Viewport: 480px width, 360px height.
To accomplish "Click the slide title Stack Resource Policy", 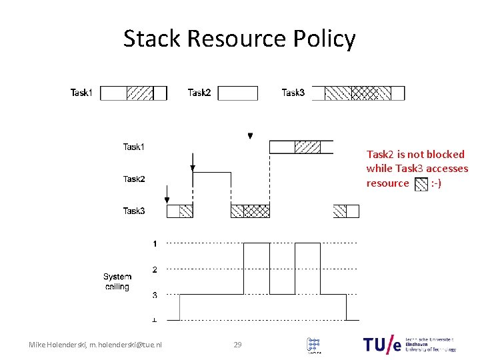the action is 239,39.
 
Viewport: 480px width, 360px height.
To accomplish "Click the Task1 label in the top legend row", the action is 82,93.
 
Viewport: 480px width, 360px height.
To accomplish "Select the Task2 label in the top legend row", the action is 199,93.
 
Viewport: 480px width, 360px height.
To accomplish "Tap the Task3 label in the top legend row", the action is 293,93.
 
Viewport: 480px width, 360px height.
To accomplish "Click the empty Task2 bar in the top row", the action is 237,93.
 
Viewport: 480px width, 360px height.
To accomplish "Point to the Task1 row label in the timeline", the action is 134,147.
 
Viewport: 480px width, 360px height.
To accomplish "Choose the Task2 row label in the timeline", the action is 134,179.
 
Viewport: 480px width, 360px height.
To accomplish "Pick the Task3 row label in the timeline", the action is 134,211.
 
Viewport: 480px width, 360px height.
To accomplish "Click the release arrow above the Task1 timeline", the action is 250,135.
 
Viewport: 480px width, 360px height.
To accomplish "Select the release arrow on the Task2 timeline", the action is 192,162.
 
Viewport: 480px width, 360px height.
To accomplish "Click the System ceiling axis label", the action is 117,281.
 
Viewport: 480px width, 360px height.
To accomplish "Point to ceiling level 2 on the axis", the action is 155,269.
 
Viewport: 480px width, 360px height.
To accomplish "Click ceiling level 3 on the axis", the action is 155,295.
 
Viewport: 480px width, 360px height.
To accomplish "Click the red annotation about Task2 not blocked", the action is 417,168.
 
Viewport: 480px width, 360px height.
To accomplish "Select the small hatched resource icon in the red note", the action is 421,184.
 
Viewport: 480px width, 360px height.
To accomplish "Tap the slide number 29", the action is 237,345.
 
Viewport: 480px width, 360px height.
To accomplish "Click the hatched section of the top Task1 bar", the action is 139,93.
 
